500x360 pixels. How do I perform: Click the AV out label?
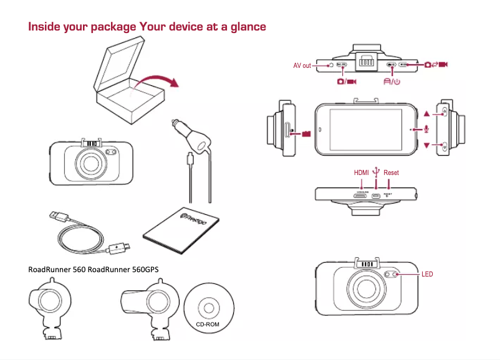click(302, 65)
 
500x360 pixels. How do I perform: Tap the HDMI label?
click(362, 173)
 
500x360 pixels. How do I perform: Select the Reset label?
click(391, 173)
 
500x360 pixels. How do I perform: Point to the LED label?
click(427, 274)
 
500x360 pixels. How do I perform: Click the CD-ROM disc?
click(208, 308)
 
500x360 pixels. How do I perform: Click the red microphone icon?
click(426, 129)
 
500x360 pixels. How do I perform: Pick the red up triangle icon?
click(426, 114)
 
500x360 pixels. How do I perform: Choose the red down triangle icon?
click(426, 145)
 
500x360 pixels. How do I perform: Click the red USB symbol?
click(375, 171)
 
